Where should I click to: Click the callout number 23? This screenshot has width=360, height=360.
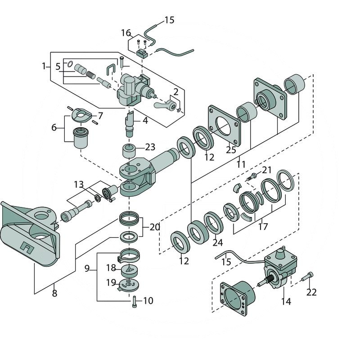[x=150, y=147]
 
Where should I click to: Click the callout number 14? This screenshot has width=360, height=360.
[x=286, y=301]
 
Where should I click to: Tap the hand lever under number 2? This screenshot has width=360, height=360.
[x=163, y=105]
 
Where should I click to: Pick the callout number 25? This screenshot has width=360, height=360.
[x=231, y=150]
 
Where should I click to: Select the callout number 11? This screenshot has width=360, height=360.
[x=241, y=164]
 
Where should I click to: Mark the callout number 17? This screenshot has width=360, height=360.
[x=263, y=227]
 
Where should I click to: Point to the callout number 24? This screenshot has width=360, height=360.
[x=218, y=243]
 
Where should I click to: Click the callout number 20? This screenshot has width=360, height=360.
[x=154, y=227]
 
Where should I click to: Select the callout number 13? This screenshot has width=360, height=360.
[x=79, y=184]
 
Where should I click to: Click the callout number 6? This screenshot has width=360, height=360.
[x=54, y=128]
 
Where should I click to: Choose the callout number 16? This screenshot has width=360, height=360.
[x=126, y=33]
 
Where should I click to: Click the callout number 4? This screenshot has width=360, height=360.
[x=145, y=121]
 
